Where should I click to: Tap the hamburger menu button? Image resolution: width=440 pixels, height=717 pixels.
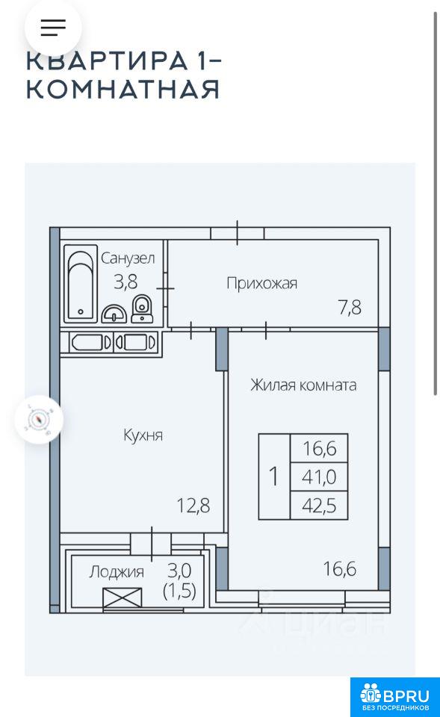click(x=53, y=28)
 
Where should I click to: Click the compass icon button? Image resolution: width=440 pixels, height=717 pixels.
click(x=39, y=419)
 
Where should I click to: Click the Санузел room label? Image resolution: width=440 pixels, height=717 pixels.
click(x=128, y=258)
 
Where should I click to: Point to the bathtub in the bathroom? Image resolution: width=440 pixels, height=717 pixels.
click(x=81, y=284)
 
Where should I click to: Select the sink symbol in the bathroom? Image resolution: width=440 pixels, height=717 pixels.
click(x=114, y=314)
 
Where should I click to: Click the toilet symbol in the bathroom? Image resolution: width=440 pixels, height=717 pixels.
click(x=142, y=308)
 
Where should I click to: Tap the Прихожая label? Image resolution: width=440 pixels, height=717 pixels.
click(x=261, y=284)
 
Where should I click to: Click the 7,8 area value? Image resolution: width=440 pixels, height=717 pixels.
click(x=350, y=308)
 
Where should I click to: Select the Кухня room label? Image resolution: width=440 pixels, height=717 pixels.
click(x=143, y=435)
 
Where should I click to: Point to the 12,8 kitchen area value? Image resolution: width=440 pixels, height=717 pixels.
click(x=193, y=506)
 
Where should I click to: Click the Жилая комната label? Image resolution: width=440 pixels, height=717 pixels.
click(x=303, y=385)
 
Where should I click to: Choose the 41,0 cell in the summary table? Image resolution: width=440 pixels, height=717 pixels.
click(x=319, y=477)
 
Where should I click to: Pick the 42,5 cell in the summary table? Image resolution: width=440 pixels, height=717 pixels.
click(x=319, y=506)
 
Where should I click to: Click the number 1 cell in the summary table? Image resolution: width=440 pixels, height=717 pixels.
click(x=274, y=477)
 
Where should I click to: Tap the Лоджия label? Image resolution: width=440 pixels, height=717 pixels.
click(x=117, y=571)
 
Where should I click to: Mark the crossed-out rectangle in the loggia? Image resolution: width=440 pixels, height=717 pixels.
click(x=122, y=597)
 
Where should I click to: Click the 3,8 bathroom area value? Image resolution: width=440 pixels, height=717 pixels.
click(x=126, y=282)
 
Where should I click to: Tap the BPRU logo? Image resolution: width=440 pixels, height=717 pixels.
click(x=395, y=698)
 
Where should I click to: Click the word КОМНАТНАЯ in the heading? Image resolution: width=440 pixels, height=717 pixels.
click(x=123, y=89)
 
